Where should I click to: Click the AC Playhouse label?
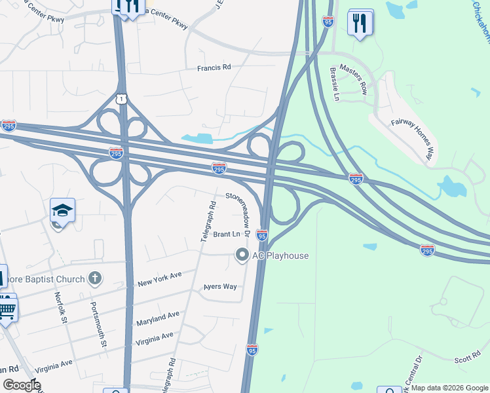click(280, 255)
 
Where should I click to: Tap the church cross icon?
click(95, 278)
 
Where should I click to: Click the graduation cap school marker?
click(62, 210)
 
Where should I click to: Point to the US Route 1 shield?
click(121, 99)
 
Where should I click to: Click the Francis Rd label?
click(214, 67)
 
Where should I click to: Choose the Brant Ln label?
click(227, 234)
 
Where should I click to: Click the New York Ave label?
click(159, 280)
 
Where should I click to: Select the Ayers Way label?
click(219, 287)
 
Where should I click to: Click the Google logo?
click(22, 385)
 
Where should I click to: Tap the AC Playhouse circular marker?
click(242, 255)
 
